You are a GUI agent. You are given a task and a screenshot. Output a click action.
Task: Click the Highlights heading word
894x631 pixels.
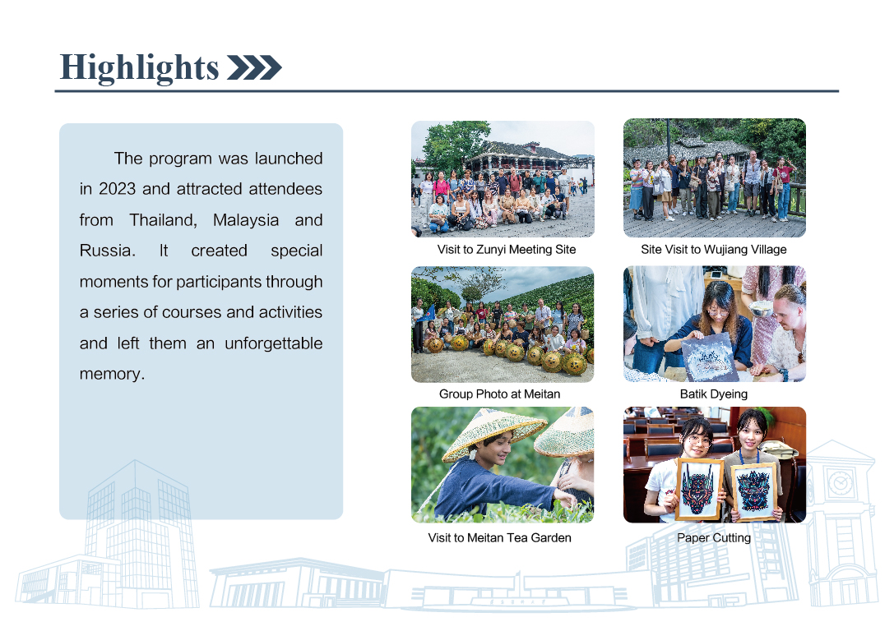pos(139,68)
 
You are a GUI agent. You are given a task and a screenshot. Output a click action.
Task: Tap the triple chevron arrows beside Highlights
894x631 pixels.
pos(254,67)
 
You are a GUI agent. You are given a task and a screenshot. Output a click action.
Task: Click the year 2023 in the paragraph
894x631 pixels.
pos(118,188)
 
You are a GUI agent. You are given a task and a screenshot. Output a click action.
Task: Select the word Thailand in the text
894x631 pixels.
pos(163,220)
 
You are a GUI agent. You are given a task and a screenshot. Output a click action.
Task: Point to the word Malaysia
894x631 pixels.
pos(246,220)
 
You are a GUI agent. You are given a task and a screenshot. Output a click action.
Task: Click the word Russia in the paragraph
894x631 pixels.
pos(107,251)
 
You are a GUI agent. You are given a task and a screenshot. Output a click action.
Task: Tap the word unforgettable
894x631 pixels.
pos(274,343)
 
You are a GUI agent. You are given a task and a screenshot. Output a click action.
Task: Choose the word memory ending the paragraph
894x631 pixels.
pos(112,374)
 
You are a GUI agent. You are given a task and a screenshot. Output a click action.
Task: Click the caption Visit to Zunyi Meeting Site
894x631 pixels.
pos(507,250)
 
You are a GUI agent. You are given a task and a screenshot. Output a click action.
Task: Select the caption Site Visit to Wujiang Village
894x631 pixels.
pos(714,250)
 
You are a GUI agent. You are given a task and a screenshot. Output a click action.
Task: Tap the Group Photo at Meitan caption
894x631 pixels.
pos(499,394)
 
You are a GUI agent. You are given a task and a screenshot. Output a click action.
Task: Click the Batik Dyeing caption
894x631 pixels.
pos(714,394)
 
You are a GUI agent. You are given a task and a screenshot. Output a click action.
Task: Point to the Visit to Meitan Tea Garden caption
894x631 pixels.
pos(499,537)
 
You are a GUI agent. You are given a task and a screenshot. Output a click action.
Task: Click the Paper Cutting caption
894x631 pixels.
pos(714,537)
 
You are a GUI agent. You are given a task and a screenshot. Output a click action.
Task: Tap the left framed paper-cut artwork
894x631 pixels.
pos(699,490)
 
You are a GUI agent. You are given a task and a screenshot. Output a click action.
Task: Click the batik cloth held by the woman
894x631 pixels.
pos(709,357)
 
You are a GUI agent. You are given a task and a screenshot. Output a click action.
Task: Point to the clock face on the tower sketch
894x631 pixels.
pos(840,483)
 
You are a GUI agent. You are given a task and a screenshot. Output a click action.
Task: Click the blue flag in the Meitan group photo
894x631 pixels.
pos(428,314)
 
